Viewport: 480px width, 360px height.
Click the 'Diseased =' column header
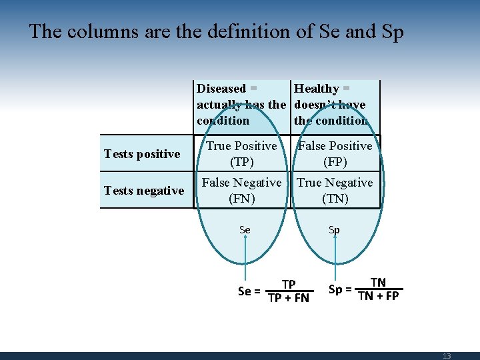tap(227, 89)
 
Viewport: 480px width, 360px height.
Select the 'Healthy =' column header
tap(322, 89)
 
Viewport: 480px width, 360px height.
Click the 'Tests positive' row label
tap(142, 154)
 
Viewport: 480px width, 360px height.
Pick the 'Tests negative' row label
tap(144, 191)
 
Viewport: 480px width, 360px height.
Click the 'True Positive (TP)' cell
tap(241, 153)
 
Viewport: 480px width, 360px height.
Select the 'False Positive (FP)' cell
tap(335, 153)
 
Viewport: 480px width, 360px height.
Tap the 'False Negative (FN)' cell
tap(241, 190)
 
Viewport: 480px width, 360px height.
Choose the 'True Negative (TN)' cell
tap(335, 190)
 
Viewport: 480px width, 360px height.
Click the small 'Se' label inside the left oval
tap(245, 230)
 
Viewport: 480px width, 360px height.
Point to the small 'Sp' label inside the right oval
tap(334, 230)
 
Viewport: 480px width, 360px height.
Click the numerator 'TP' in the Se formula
tap(289, 285)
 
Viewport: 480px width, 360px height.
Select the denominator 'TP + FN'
tap(289, 298)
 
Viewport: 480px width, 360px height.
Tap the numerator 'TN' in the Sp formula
tap(378, 283)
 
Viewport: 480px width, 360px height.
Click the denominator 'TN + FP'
tap(378, 295)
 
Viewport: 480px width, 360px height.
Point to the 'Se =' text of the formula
tap(249, 291)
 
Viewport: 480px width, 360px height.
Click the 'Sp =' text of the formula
tap(340, 289)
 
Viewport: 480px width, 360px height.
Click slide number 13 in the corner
tap(447, 356)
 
